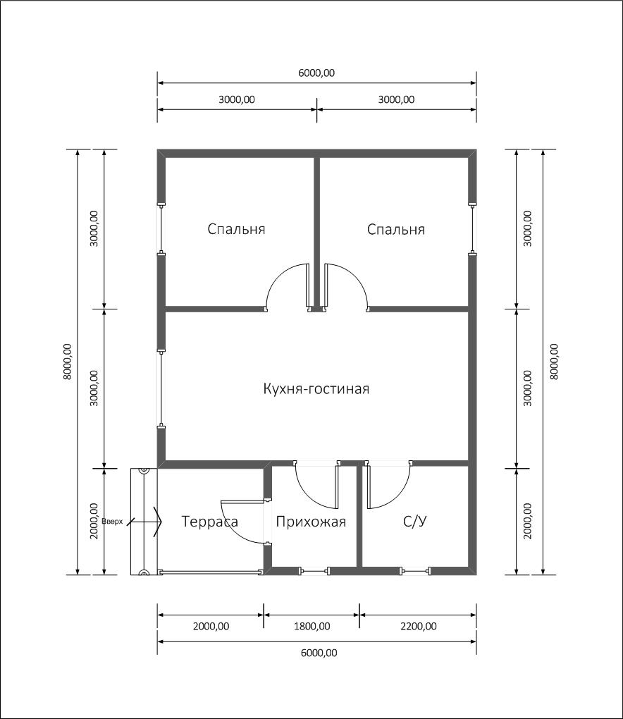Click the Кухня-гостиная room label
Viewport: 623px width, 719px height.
[x=316, y=389]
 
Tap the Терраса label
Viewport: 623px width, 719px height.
[x=210, y=522]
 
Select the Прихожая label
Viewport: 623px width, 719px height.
[x=311, y=522]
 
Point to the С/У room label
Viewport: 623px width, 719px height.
[x=415, y=522]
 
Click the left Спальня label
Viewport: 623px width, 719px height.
[x=236, y=229]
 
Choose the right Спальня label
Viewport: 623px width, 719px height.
[x=395, y=229]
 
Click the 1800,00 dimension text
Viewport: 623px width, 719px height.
[x=311, y=626]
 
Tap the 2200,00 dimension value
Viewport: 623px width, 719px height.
[x=419, y=626]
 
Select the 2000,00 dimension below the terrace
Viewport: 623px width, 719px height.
[x=211, y=626]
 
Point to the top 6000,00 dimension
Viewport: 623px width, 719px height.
[x=316, y=73]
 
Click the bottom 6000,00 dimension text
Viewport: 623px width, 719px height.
[x=319, y=653]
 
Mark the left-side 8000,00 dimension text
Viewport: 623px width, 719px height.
[x=68, y=362]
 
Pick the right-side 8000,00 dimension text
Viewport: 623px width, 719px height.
[x=554, y=362]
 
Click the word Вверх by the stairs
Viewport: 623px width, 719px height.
[x=112, y=522]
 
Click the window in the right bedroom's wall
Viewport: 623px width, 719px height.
[x=472, y=229]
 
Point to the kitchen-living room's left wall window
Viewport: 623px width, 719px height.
[x=161, y=389]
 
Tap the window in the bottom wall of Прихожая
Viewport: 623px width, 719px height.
[x=315, y=571]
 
